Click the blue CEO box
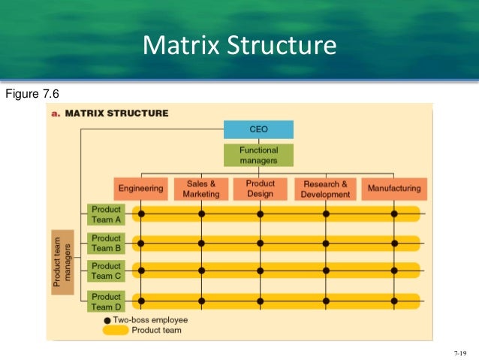[x=258, y=129]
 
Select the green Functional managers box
[x=258, y=156]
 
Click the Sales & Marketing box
[x=200, y=189]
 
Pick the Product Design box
[x=260, y=189]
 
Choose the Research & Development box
[x=325, y=189]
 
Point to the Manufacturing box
[x=394, y=189]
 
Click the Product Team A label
[x=106, y=214]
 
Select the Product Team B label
[x=106, y=243]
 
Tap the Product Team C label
[x=106, y=271]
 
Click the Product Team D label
[x=106, y=301]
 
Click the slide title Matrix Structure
[x=239, y=46]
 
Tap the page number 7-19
[x=460, y=352]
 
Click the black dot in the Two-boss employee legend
[x=108, y=319]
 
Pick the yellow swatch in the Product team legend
[x=115, y=329]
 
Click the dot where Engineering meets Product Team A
[x=140, y=214]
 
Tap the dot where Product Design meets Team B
[x=260, y=243]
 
